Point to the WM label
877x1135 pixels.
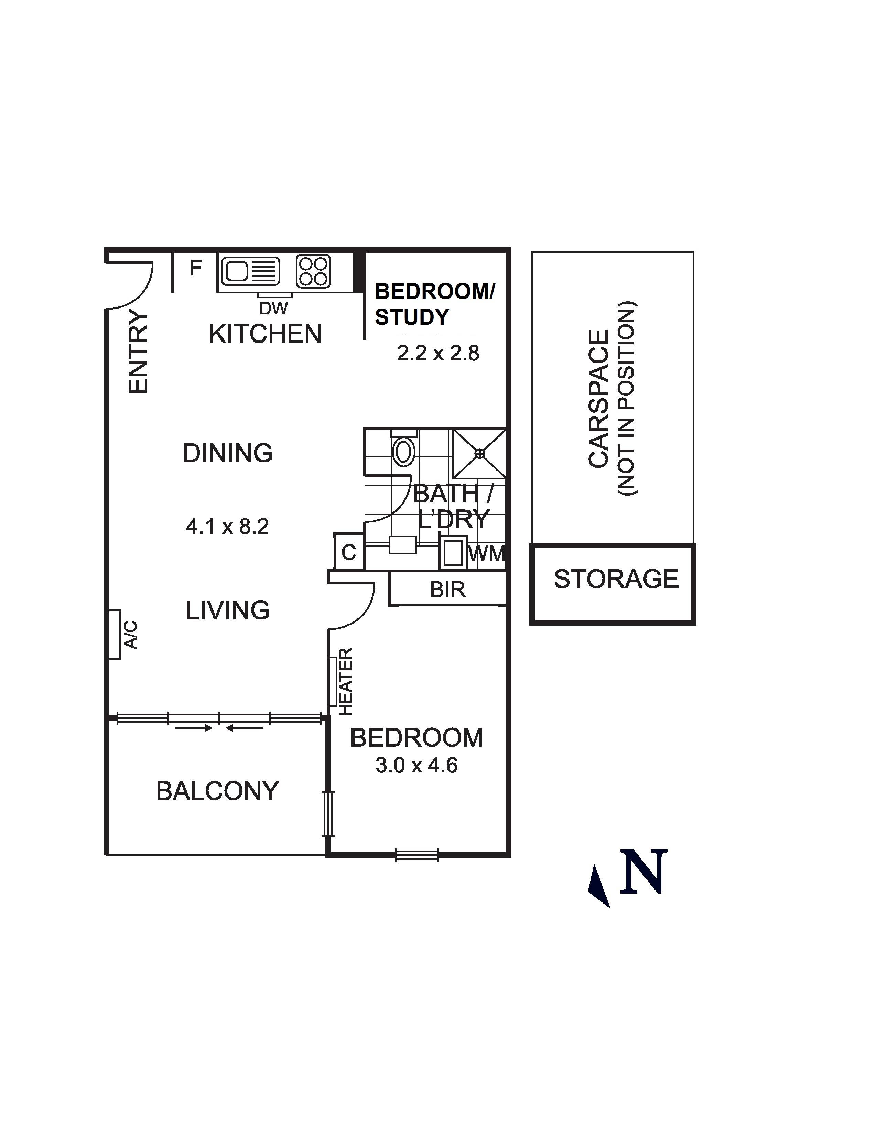pos(487,554)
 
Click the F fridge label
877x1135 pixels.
pos(195,268)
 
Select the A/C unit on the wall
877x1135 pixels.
pos(115,634)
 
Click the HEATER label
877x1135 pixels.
pos(346,681)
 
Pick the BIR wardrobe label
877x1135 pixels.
pos(448,590)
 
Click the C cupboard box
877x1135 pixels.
pos(349,552)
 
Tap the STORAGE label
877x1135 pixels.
pos(616,579)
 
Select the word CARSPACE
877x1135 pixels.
pos(598,399)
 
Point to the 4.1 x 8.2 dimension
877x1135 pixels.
pos(228,527)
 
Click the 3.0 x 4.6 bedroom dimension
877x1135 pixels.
pos(417,766)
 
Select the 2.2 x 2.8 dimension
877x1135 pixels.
pos(438,353)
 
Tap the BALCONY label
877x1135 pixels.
pos(218,791)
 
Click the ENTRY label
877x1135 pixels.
pos(139,352)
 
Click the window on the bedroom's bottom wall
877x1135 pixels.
pos(417,855)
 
